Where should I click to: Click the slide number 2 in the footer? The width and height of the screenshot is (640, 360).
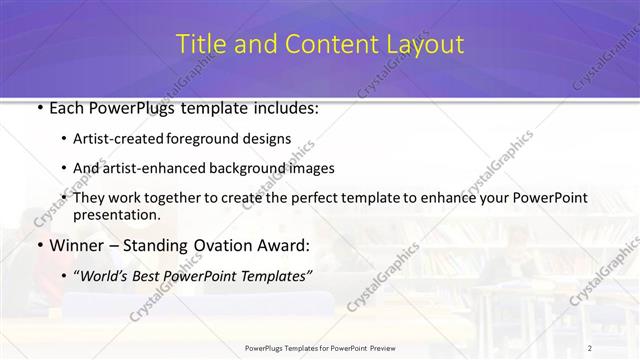click(x=590, y=347)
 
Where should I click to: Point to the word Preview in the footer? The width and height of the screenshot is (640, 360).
click(x=381, y=347)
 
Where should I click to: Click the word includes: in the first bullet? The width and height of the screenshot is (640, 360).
click(x=283, y=108)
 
